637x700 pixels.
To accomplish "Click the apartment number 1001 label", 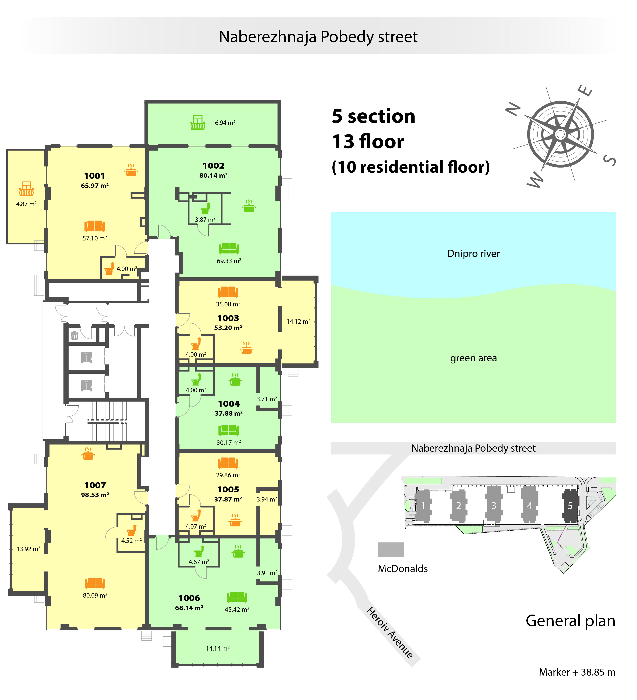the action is [94, 176].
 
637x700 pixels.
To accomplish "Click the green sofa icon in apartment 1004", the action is [229, 430].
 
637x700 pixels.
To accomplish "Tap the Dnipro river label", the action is [473, 254].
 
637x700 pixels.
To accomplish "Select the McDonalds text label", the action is [403, 569].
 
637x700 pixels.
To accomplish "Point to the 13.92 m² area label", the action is [28, 549].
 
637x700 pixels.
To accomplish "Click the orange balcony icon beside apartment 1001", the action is [26, 189].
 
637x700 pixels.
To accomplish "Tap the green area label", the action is [473, 358].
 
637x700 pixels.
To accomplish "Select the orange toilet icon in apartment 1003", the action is [196, 344].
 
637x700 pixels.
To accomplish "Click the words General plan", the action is [570, 621].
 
